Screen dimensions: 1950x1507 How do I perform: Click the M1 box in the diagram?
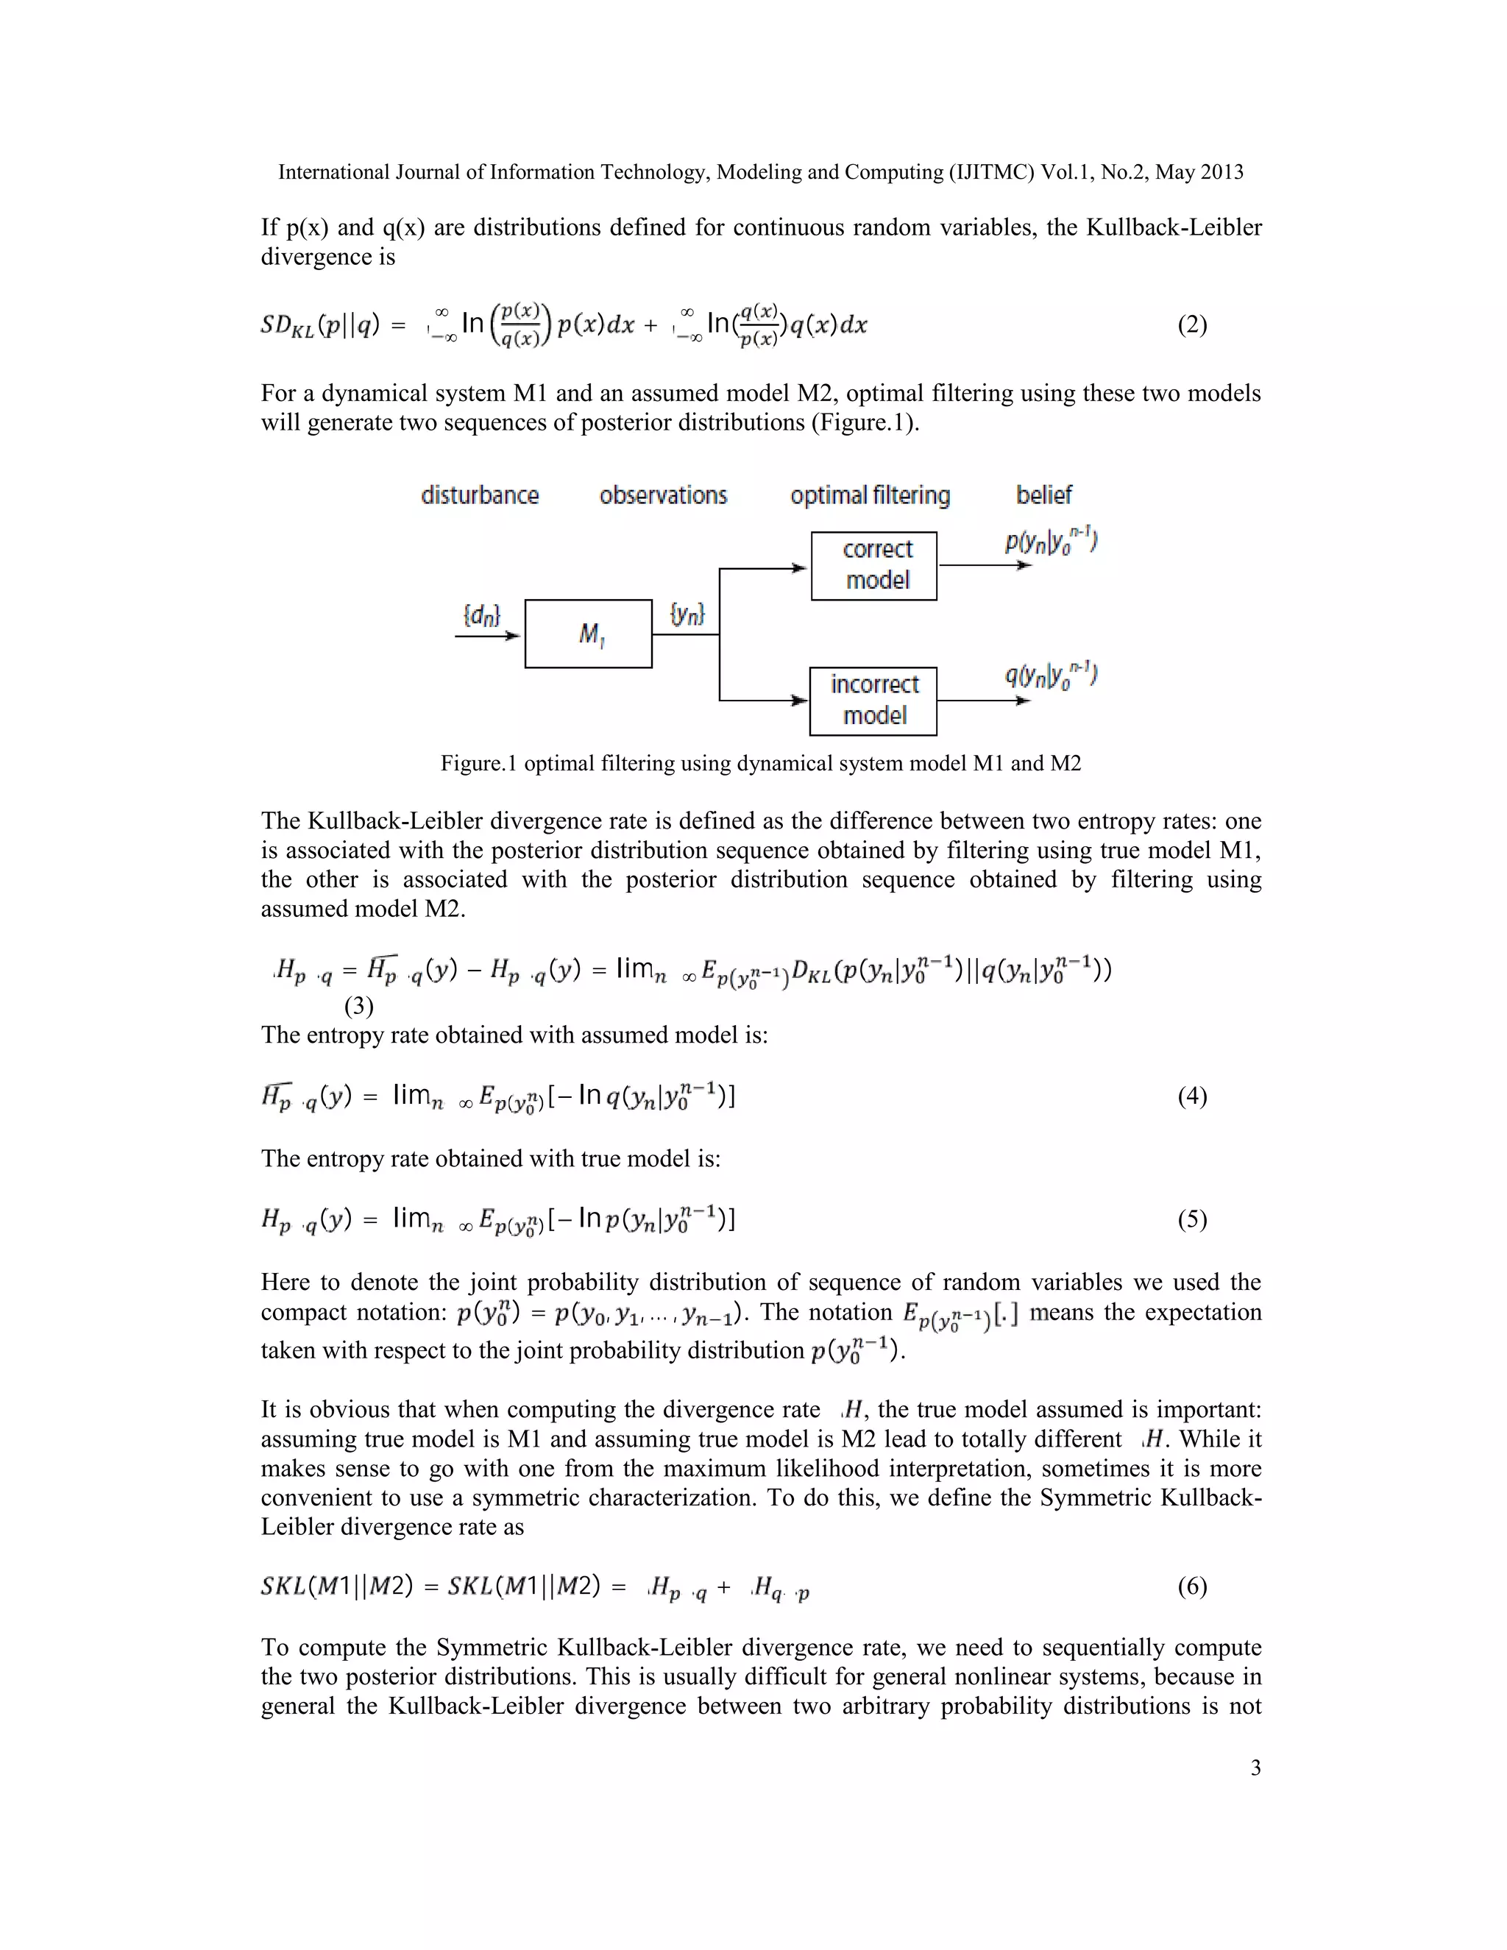coord(589,634)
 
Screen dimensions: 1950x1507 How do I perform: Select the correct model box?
coord(874,566)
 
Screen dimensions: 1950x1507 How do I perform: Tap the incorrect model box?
coord(873,701)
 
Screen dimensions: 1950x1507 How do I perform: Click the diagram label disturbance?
coord(480,495)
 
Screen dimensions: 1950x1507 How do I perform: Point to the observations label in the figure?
coord(663,495)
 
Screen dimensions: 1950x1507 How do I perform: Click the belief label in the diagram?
coord(1043,494)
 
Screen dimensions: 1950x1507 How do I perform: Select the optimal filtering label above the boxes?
coord(870,495)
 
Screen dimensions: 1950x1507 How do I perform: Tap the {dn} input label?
coord(482,615)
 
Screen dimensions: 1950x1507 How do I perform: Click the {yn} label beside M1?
coord(687,614)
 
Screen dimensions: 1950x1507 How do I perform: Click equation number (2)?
coord(1192,325)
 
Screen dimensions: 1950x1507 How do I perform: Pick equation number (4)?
coord(1192,1096)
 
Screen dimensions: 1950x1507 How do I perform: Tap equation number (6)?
coord(1192,1586)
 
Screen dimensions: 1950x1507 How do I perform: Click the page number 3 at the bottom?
coord(1255,1768)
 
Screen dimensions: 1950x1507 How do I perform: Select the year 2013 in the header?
coord(1222,172)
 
